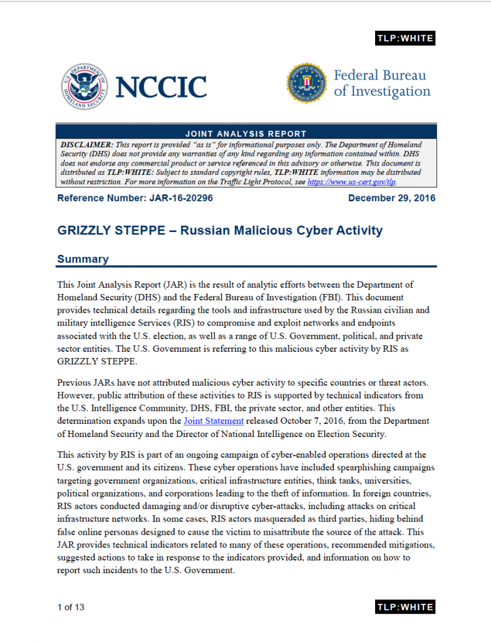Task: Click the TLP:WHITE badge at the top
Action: (405, 38)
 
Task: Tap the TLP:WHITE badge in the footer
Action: (405, 607)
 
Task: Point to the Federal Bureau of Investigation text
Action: (382, 83)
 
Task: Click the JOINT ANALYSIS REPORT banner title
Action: (246, 134)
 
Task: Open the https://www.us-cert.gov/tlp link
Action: (351, 182)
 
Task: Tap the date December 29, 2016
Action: (391, 198)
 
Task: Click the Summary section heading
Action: (83, 259)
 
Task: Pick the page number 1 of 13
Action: (71, 607)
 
